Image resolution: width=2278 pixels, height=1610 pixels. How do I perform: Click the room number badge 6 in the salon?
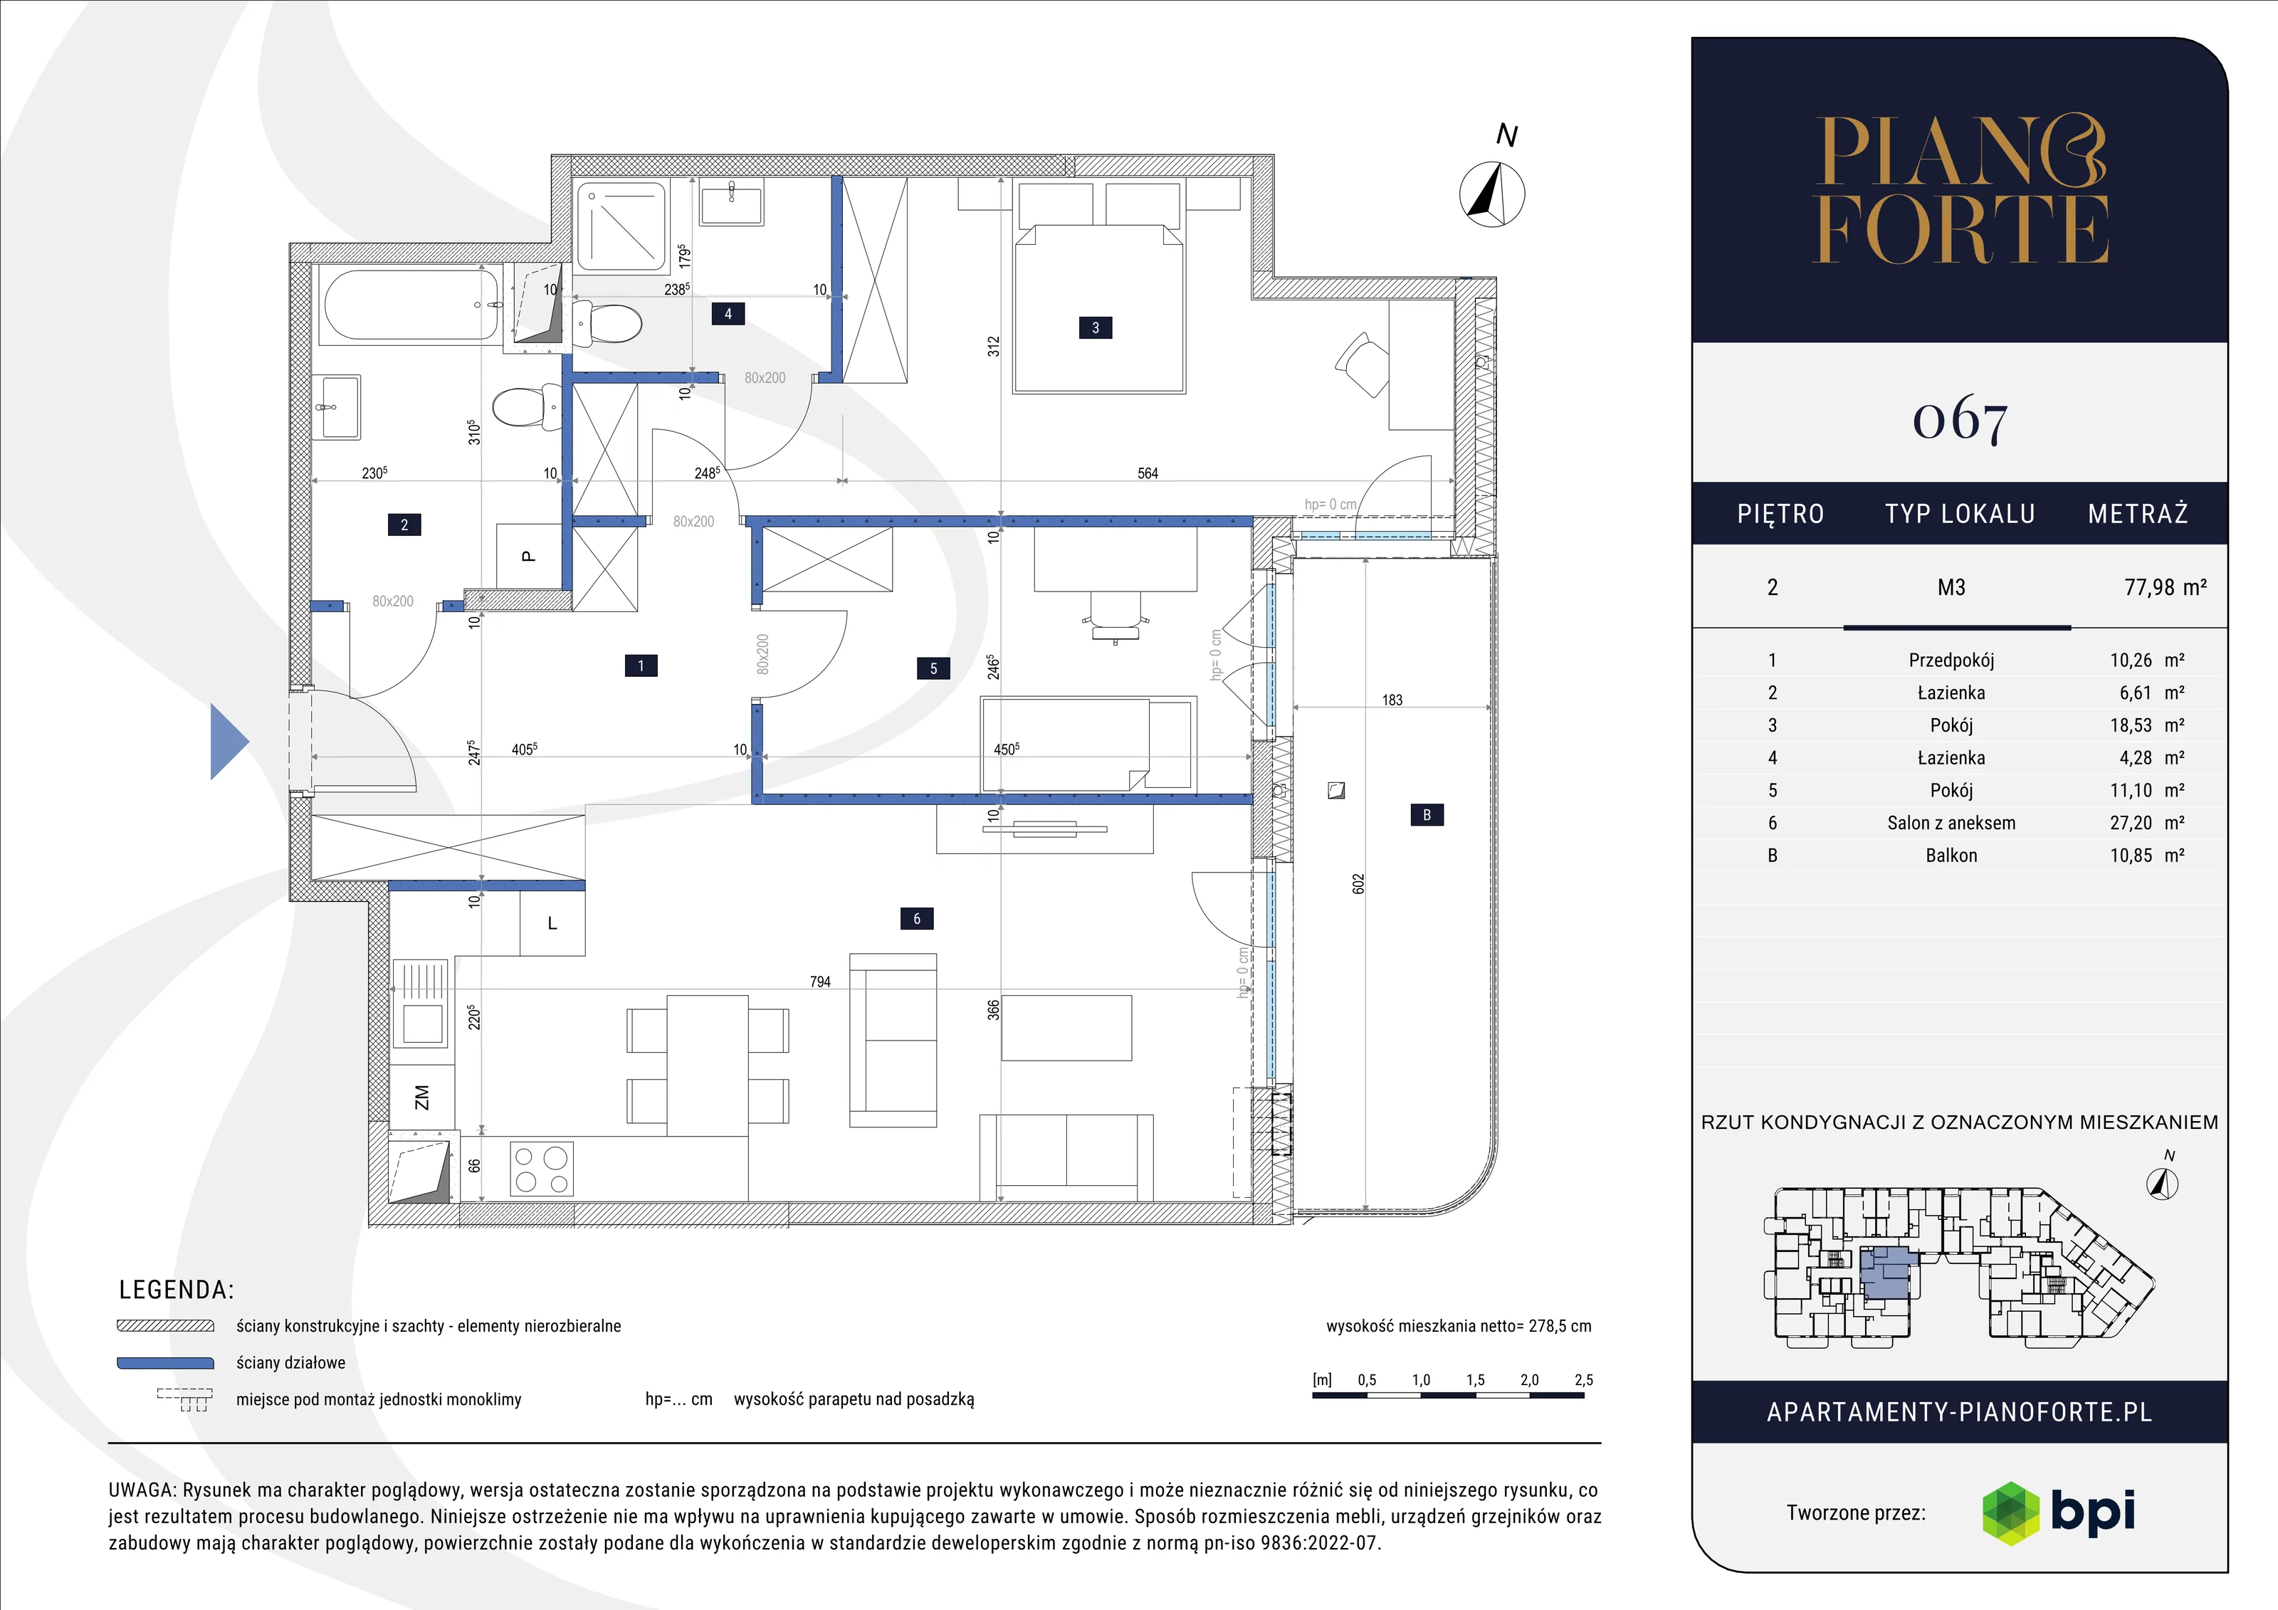[917, 919]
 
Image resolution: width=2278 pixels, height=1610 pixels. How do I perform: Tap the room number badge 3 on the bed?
[1096, 327]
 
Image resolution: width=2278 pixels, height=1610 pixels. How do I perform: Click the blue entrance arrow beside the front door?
[229, 741]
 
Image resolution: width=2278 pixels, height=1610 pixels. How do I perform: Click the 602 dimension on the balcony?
[1358, 884]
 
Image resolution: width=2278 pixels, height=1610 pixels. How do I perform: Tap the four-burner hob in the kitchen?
[542, 1169]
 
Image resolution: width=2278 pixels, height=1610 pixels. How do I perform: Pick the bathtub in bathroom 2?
[409, 305]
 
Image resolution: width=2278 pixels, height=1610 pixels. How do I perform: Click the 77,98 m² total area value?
[2165, 587]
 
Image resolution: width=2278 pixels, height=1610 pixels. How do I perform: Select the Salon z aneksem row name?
[1951, 822]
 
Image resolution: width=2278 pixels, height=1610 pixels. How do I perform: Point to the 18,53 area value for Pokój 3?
[2130, 725]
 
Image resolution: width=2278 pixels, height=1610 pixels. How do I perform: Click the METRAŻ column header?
[2138, 514]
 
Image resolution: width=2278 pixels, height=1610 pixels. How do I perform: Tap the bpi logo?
[2058, 1512]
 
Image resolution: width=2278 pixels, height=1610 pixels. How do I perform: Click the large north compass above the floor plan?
[1492, 194]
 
